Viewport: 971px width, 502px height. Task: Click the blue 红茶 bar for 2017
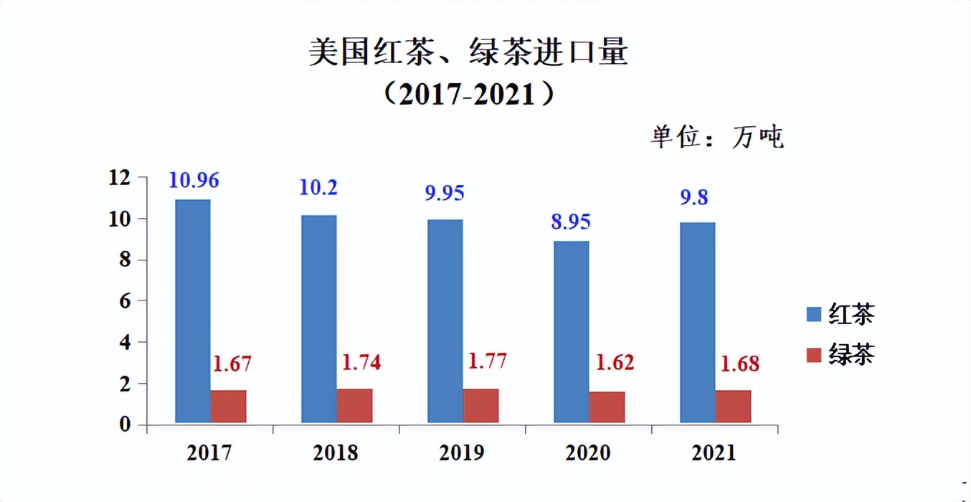coord(193,311)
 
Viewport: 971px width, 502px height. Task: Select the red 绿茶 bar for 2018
coord(354,406)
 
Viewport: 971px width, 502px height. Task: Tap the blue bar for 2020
coord(571,332)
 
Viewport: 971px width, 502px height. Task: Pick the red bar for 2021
coord(733,407)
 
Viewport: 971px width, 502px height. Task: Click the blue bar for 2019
coord(445,321)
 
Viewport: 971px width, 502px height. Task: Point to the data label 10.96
coord(194,180)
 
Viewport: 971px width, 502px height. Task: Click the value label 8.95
coord(571,222)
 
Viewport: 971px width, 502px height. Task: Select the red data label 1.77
coord(487,360)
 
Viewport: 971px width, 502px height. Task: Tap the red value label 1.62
coord(614,362)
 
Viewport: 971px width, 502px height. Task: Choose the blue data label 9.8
coord(693,196)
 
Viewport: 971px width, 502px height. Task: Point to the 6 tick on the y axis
coord(125,301)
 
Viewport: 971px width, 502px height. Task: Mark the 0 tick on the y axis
coord(125,425)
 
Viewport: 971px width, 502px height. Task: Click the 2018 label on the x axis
coord(336,453)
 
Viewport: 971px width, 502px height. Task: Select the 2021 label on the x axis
coord(714,453)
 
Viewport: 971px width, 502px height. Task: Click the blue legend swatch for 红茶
coord(813,314)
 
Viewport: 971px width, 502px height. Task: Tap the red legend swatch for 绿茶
coord(813,355)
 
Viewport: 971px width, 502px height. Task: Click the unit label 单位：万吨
coord(717,136)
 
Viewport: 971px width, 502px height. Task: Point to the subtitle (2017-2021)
coord(468,94)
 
